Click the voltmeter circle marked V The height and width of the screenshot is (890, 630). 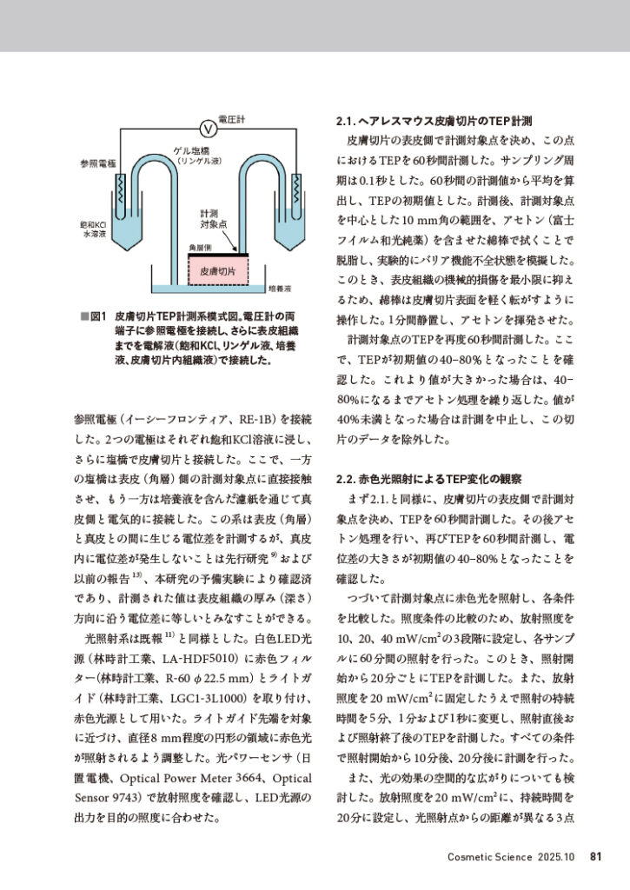point(208,129)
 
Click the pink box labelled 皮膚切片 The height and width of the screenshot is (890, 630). point(217,271)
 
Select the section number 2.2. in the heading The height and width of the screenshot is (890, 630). point(345,479)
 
